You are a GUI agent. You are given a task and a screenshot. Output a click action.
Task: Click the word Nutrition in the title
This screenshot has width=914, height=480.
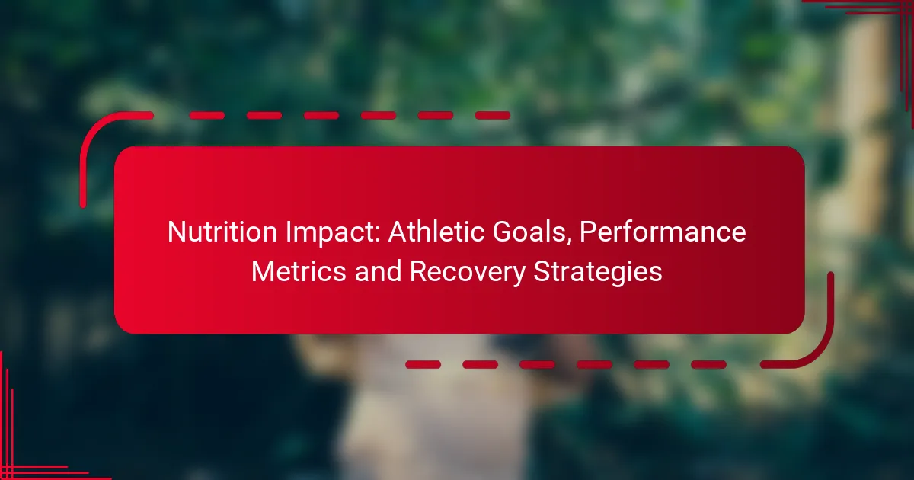(x=222, y=232)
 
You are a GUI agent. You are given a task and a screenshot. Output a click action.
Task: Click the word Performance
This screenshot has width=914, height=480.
(x=663, y=232)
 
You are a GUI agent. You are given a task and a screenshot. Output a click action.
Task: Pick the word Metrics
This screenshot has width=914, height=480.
(x=299, y=271)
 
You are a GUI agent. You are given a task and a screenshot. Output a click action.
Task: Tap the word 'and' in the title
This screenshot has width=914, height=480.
(x=378, y=271)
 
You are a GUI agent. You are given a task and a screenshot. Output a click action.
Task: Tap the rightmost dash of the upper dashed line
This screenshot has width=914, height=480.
(x=493, y=116)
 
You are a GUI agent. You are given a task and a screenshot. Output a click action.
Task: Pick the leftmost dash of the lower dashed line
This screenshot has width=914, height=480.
(x=423, y=364)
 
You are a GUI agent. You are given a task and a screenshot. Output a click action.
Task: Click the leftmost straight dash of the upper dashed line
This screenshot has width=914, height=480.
(x=207, y=116)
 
